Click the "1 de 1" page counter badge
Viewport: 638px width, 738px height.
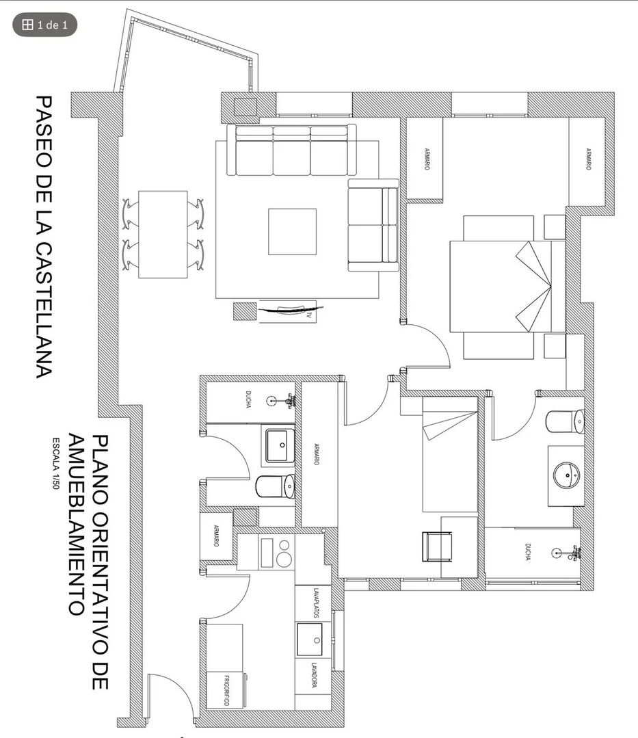[44, 25]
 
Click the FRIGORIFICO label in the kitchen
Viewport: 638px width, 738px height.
[226, 690]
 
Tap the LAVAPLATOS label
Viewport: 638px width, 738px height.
[316, 602]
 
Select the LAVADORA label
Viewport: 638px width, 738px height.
[314, 675]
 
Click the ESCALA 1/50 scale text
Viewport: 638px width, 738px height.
[55, 464]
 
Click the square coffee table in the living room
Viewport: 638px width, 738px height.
[292, 232]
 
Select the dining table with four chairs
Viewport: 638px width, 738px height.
[163, 235]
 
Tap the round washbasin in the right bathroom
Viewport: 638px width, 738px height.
[567, 476]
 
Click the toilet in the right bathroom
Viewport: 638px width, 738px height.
[565, 421]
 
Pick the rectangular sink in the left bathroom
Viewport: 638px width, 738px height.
[280, 445]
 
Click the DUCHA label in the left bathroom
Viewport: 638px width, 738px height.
[248, 399]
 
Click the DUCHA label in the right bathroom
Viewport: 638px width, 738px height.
[528, 551]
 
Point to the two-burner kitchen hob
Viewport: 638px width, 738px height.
[276, 553]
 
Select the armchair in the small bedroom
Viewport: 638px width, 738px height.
[438, 546]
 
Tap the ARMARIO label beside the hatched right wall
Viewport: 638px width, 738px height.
[588, 159]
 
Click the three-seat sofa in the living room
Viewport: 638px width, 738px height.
[292, 150]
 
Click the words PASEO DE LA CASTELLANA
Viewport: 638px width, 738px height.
[44, 237]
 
